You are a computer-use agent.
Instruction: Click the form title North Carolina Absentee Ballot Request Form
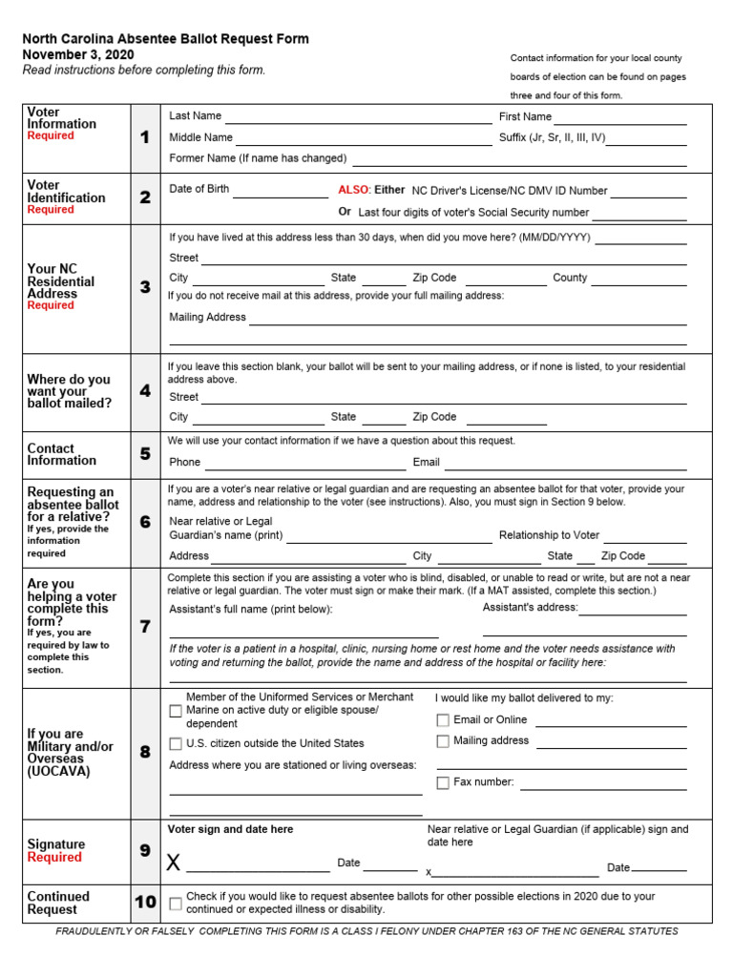tap(165, 39)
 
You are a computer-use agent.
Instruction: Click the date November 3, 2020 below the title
tap(78, 54)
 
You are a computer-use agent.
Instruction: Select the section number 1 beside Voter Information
tap(145, 137)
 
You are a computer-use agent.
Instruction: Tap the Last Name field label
tap(195, 116)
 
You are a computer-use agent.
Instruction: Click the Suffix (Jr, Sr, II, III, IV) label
tap(552, 137)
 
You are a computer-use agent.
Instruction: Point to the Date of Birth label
tap(199, 189)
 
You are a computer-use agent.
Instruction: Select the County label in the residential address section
tap(570, 278)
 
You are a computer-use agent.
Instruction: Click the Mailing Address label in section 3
tap(207, 317)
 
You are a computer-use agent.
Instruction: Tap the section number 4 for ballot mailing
tap(145, 391)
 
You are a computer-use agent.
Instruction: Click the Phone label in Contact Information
tap(184, 462)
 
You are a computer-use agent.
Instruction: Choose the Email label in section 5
tap(426, 462)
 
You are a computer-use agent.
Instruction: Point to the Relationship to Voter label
tap(549, 535)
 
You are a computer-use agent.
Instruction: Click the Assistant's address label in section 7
tap(530, 607)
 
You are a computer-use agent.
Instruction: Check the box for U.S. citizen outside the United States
tap(176, 744)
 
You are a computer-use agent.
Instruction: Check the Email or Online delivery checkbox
tap(443, 720)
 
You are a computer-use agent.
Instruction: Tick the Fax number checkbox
tap(443, 783)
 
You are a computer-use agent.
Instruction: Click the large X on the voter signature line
tap(173, 863)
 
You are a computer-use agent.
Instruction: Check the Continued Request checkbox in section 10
tap(176, 904)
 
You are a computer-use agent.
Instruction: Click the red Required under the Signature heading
tap(54, 857)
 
